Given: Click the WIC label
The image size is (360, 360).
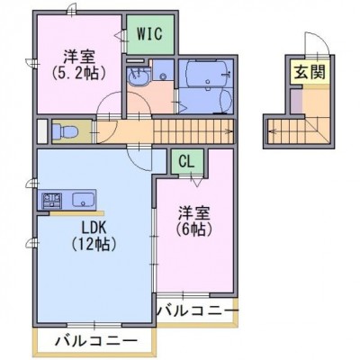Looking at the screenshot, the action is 149,34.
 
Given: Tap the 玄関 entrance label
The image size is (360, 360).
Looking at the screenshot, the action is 310,72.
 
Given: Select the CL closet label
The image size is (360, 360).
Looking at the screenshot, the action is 186,162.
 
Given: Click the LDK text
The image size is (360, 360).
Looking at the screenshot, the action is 94,229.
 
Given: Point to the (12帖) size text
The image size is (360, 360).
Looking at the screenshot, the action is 94,245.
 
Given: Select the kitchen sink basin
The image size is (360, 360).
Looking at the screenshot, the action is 83,200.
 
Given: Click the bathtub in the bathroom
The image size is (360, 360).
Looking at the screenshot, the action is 206,74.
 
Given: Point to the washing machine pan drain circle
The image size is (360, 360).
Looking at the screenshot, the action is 163,76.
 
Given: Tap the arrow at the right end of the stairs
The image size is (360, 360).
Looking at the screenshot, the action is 229,131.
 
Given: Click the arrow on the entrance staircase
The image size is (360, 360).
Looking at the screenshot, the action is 273,131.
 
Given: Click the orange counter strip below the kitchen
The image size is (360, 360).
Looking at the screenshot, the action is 76,213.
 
